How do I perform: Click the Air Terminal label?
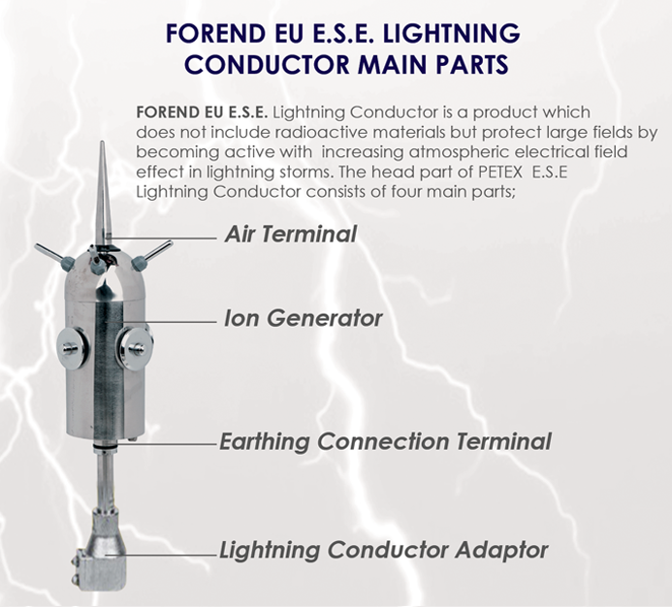tap(290, 234)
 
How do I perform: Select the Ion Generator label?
tap(303, 318)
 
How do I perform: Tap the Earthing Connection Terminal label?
tap(385, 441)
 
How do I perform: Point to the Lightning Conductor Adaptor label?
tap(384, 550)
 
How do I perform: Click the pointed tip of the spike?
tap(103, 144)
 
